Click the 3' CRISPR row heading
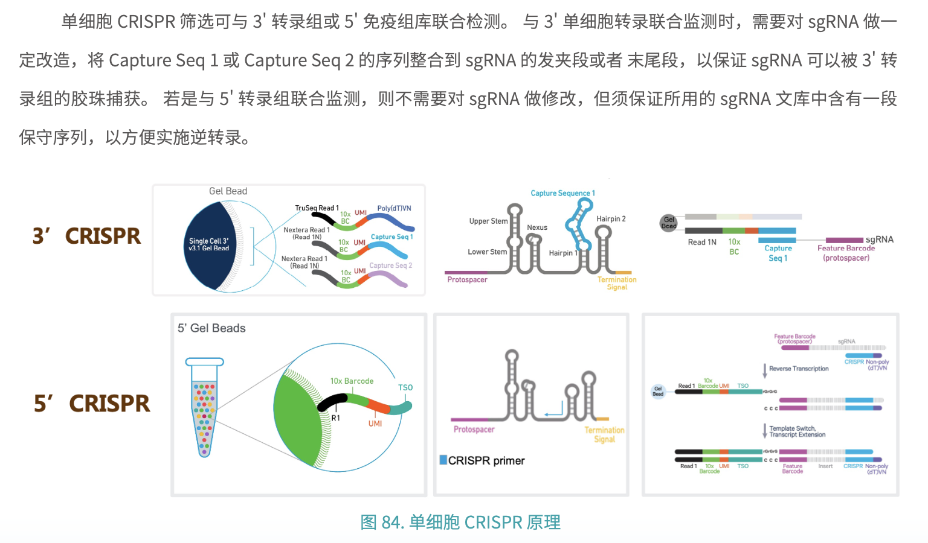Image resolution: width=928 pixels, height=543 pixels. (x=86, y=236)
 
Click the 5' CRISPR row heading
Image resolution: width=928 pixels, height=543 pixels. (x=92, y=404)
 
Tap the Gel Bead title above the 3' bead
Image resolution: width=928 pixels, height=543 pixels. (x=228, y=191)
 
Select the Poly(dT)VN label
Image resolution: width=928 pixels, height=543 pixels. (x=394, y=209)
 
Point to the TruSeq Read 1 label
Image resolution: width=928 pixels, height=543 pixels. (x=317, y=208)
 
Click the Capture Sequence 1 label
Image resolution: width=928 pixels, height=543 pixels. (x=562, y=193)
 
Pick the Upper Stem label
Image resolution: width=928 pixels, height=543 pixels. (x=488, y=221)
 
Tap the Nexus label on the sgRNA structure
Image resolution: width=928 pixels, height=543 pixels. (x=537, y=228)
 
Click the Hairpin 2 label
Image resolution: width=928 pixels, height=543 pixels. (x=611, y=219)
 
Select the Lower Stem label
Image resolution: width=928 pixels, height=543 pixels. (x=487, y=252)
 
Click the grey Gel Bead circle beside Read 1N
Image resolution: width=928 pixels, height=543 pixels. (x=668, y=223)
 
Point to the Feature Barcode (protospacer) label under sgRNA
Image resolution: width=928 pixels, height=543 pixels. (x=846, y=253)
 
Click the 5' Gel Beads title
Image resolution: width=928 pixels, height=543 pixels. (x=211, y=328)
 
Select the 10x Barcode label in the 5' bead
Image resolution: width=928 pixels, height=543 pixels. (x=352, y=381)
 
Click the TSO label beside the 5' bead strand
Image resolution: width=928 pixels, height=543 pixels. (x=405, y=388)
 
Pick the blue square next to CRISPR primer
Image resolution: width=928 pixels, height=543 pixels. (x=443, y=460)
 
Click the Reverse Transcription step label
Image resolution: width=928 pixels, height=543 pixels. (x=799, y=369)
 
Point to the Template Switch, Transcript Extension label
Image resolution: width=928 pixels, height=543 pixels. (x=797, y=431)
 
